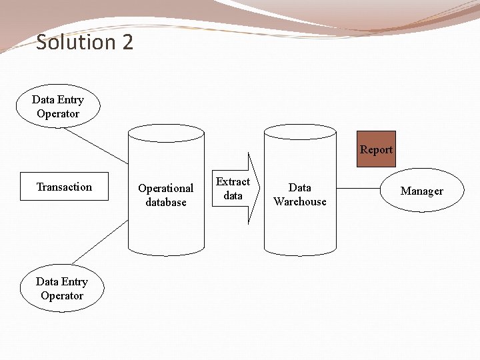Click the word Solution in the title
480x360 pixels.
(75, 43)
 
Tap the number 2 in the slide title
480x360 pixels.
(127, 43)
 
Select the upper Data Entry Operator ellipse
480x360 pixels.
(58, 107)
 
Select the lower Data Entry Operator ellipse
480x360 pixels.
(62, 289)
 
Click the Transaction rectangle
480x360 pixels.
(64, 187)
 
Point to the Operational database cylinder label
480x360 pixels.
(165, 195)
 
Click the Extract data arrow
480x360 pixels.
(233, 189)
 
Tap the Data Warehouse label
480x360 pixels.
(300, 195)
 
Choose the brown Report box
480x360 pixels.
(376, 149)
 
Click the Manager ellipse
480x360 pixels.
(421, 191)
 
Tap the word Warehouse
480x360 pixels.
(300, 202)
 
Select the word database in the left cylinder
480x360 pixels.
(166, 203)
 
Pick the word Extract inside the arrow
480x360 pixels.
(233, 181)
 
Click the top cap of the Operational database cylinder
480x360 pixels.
(166, 132)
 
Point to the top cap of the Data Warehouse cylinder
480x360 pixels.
(301, 131)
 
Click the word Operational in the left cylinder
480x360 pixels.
(166, 189)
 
